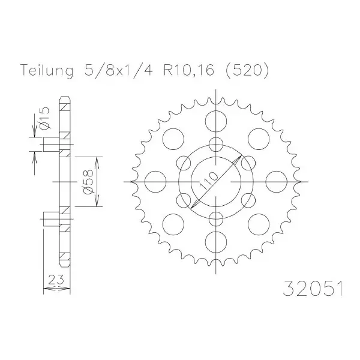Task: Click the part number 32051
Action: [x=313, y=289]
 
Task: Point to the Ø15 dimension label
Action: [x=44, y=118]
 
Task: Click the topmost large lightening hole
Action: [x=216, y=121]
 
